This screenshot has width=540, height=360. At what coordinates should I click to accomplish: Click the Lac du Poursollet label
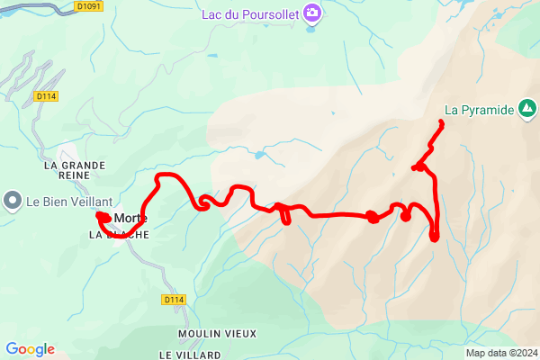point(251,13)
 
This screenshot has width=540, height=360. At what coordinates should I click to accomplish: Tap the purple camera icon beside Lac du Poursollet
point(312,13)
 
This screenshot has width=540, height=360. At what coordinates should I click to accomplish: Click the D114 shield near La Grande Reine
point(46,95)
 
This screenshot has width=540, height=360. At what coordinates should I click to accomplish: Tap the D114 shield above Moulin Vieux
point(174,299)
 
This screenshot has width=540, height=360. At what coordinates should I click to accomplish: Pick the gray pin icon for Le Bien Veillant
point(13,200)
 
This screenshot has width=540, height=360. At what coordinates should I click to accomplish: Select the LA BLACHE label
point(118,234)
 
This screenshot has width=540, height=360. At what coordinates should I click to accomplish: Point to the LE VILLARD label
point(190,355)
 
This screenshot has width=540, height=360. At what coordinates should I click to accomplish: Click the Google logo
point(30,349)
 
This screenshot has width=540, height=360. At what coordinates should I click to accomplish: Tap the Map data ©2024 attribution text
point(501,352)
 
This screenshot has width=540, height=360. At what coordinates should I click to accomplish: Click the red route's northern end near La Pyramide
point(441,121)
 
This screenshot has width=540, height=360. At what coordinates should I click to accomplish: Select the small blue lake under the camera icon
point(311,28)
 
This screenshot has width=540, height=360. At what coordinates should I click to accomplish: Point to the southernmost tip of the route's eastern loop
point(435,239)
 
